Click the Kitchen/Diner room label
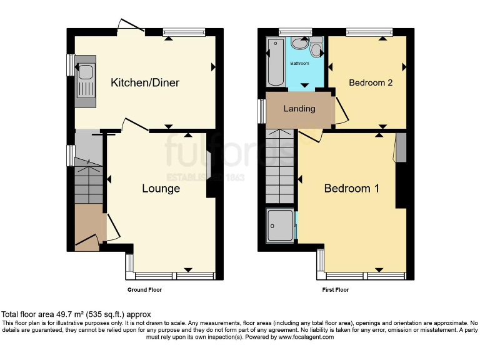tap(145, 83)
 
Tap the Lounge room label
tap(161, 189)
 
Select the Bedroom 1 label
tap(351, 189)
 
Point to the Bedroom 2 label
tap(371, 82)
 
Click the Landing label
tap(299, 109)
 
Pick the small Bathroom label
tap(299, 64)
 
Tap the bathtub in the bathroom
tap(274, 61)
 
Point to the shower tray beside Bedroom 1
tap(279, 226)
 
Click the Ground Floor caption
tap(145, 290)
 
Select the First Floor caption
tap(335, 290)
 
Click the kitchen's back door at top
tap(130, 26)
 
